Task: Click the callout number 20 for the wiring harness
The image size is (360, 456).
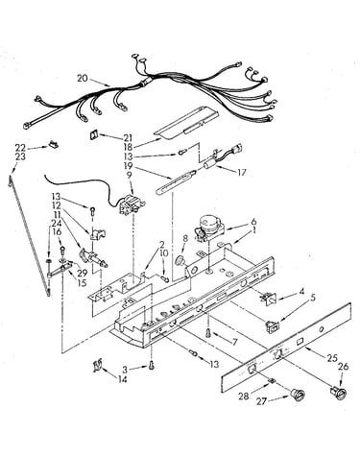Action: click(x=82, y=78)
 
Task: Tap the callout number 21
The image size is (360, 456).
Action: click(x=128, y=138)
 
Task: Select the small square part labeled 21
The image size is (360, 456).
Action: click(x=93, y=134)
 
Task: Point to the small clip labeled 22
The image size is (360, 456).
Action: click(x=54, y=145)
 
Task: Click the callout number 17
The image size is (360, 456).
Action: click(x=242, y=172)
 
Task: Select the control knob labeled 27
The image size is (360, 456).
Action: click(x=298, y=395)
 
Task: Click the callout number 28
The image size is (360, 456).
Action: click(x=244, y=396)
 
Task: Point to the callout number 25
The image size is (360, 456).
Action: click(x=332, y=358)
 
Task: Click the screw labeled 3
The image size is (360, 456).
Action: click(x=151, y=365)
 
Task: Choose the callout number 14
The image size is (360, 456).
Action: click(x=122, y=379)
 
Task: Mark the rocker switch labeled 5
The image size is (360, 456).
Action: click(x=273, y=325)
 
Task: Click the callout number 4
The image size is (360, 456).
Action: click(x=301, y=291)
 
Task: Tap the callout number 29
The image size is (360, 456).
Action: click(x=82, y=273)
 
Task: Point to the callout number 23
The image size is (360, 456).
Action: click(x=20, y=156)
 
